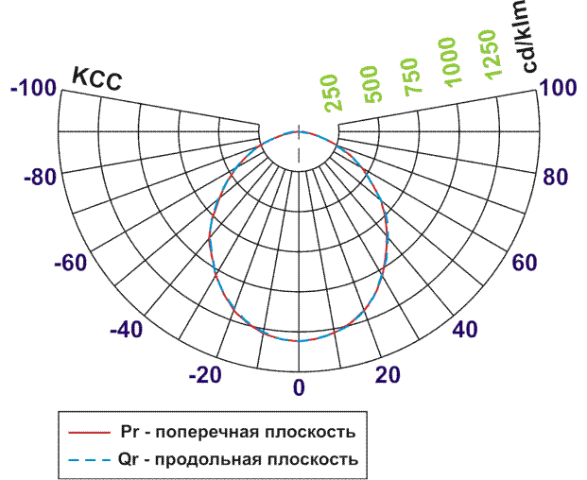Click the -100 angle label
coord(32,89)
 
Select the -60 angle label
coord(70,263)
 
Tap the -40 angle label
coord(128,330)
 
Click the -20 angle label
coord(205,374)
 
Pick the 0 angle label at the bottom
coord(299,386)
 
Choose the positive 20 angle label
coord(386,374)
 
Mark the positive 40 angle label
coord(464,330)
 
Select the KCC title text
coord(97,81)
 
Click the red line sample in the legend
coord(92,433)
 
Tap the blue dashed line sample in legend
coord(92,460)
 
